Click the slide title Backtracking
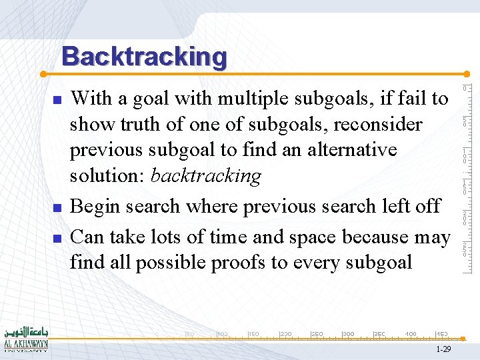pos(145,57)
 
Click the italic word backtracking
pos(205,176)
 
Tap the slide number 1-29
pos(443,349)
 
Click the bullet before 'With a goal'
pos(57,99)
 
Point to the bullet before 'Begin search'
pos(57,207)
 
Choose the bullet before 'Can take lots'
pos(57,237)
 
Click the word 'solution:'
pos(108,176)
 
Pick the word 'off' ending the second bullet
pos(427,206)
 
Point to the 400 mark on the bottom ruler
pos(411,333)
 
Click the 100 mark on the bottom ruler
pos(222,333)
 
